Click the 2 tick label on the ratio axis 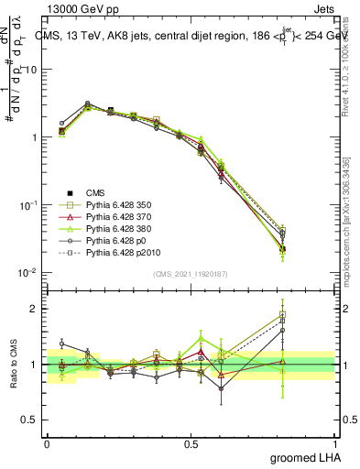pyautogui.click(x=33, y=309)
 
